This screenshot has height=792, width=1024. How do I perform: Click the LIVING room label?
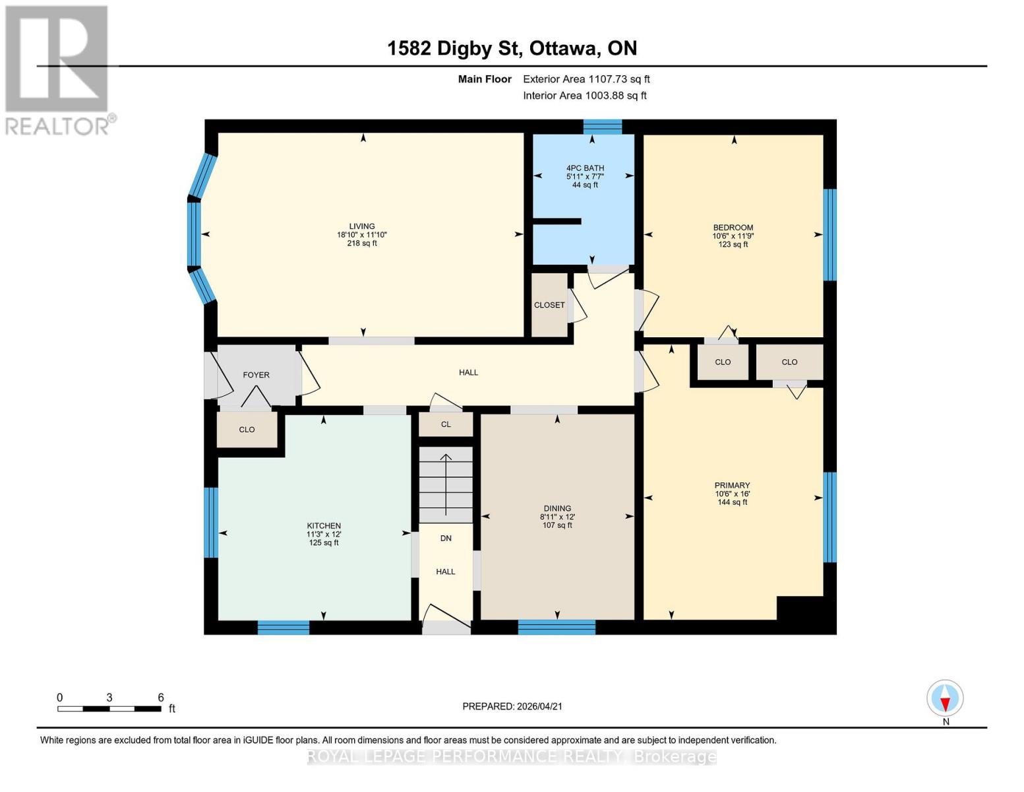(x=362, y=226)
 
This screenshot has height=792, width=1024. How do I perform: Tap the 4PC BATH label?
(x=585, y=168)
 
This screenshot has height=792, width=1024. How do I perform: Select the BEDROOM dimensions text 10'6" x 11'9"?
(x=733, y=236)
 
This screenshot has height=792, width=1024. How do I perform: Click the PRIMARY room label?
(x=732, y=485)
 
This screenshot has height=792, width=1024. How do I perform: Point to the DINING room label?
(x=557, y=508)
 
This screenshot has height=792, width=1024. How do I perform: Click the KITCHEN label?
(x=323, y=525)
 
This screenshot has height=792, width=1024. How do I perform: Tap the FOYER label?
(x=256, y=375)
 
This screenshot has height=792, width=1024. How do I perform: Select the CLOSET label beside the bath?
(x=549, y=305)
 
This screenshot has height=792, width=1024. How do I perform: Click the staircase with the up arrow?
(x=446, y=484)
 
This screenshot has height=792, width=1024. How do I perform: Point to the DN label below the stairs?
(x=446, y=538)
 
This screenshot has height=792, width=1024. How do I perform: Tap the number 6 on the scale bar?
(x=160, y=698)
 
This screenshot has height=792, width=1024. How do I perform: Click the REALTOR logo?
(x=58, y=69)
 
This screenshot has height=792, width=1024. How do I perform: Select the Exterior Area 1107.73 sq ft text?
(x=586, y=79)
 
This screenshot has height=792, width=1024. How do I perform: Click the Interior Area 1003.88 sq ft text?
(x=584, y=96)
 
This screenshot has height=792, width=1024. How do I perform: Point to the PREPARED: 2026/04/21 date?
(x=512, y=706)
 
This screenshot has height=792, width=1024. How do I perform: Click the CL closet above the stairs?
(x=446, y=424)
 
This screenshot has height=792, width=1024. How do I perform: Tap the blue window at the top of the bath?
(x=603, y=126)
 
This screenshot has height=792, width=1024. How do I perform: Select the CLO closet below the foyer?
(x=247, y=430)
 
